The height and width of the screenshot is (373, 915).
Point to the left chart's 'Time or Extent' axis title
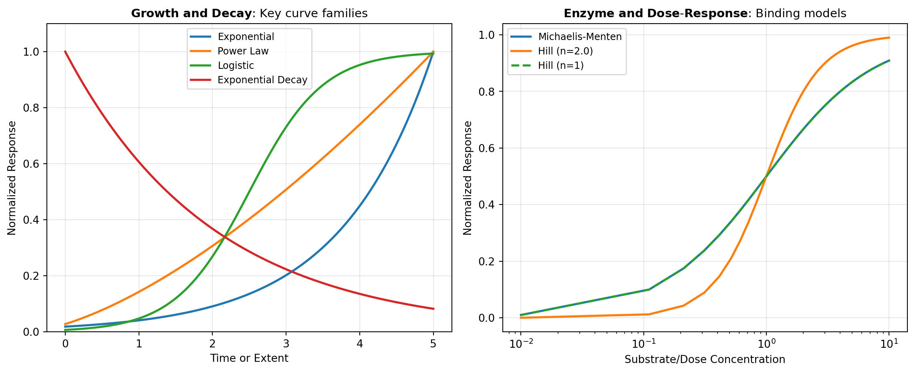coord(249,358)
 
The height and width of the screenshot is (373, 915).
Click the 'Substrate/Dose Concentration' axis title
coord(705,359)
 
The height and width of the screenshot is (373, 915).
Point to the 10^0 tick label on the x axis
coord(766,343)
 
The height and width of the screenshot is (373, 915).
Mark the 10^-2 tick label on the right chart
coord(520,343)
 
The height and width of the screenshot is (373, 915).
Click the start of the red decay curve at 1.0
coord(65,52)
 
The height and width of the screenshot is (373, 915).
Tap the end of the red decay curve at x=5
coord(433,309)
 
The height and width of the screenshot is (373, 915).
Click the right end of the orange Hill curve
coord(889,38)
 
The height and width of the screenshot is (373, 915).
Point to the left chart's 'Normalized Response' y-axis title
coord(12,178)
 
